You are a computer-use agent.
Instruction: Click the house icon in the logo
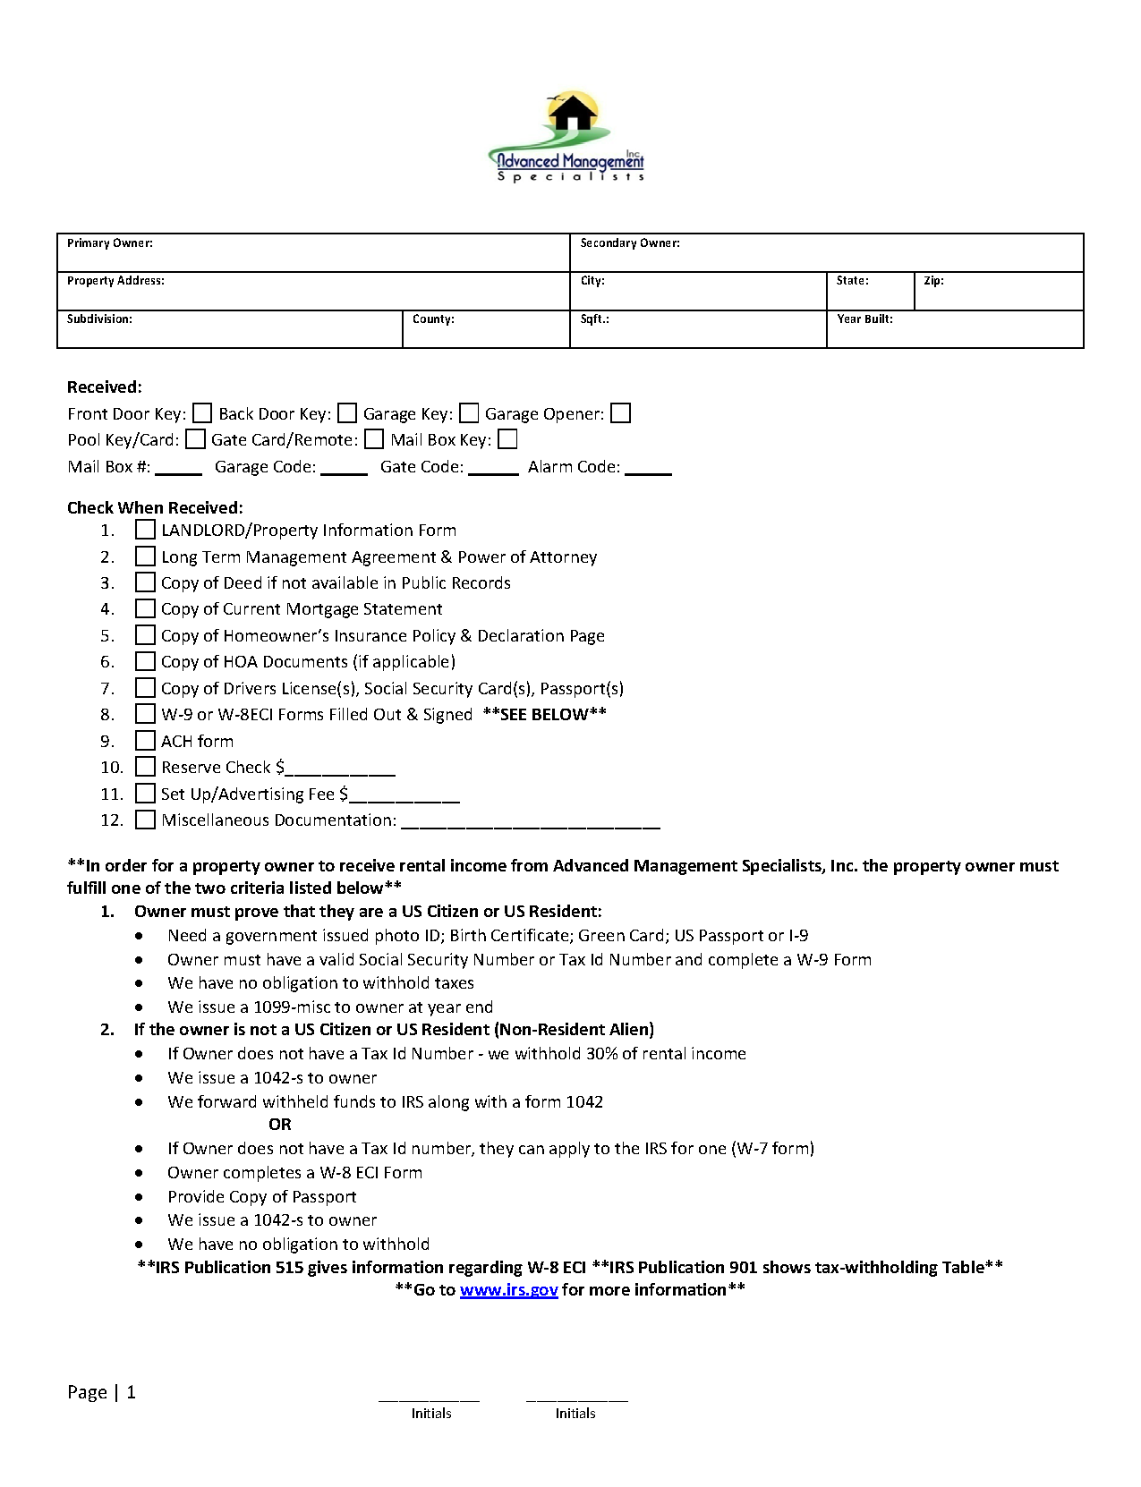(x=573, y=114)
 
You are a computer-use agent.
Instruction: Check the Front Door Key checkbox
(x=203, y=413)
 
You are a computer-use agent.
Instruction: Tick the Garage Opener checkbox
(x=621, y=413)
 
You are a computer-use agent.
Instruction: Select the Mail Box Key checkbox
(x=507, y=439)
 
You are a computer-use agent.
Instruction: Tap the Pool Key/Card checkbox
(x=195, y=439)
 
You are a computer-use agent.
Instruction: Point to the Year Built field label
(x=864, y=319)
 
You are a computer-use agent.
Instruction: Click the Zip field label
(x=933, y=281)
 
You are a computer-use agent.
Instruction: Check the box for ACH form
(x=145, y=741)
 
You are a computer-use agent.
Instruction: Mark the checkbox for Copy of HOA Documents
(x=145, y=662)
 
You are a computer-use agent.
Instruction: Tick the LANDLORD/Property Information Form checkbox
(x=145, y=531)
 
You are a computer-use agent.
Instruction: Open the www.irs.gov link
(x=508, y=1290)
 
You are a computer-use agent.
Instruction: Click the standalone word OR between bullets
(x=280, y=1125)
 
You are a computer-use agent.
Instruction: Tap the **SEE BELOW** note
(x=544, y=715)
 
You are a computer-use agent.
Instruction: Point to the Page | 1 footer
(x=101, y=1392)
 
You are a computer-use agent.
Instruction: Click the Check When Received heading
(x=155, y=508)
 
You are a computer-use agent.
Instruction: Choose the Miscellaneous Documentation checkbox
(x=145, y=820)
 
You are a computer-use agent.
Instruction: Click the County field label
(x=433, y=319)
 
